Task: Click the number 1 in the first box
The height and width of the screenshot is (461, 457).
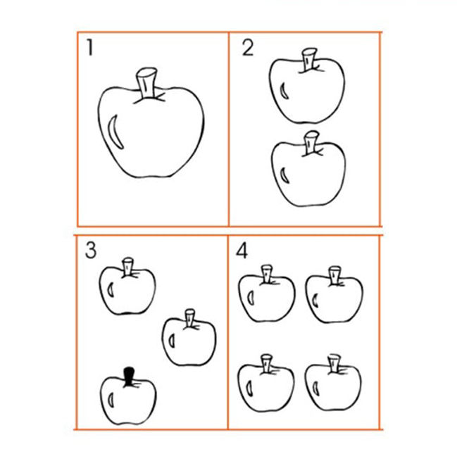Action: pyautogui.click(x=90, y=48)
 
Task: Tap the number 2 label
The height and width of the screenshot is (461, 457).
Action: pyautogui.click(x=248, y=48)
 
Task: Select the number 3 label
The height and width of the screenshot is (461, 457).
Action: pyautogui.click(x=91, y=251)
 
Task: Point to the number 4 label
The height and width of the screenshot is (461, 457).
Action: pyautogui.click(x=242, y=251)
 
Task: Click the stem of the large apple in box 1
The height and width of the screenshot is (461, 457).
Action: pyautogui.click(x=146, y=83)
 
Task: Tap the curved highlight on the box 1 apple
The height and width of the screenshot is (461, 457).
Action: pyautogui.click(x=115, y=132)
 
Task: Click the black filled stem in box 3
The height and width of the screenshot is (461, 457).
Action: pyautogui.click(x=129, y=377)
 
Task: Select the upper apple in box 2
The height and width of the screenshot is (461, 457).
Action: pyautogui.click(x=307, y=86)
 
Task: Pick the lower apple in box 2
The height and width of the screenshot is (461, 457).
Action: pyautogui.click(x=308, y=169)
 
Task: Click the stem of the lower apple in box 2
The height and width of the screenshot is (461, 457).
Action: pyautogui.click(x=311, y=143)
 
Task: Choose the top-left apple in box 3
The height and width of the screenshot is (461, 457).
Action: pyautogui.click(x=127, y=286)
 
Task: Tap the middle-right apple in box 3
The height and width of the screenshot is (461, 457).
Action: pyautogui.click(x=189, y=338)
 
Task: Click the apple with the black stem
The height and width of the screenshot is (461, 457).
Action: pyautogui.click(x=129, y=396)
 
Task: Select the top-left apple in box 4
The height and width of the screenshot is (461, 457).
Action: pyautogui.click(x=266, y=293)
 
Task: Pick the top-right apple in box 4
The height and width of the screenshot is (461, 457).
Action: pyautogui.click(x=334, y=295)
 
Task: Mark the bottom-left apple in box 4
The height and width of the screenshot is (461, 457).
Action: pyautogui.click(x=266, y=383)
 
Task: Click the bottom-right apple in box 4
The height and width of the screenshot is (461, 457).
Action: pyautogui.click(x=333, y=382)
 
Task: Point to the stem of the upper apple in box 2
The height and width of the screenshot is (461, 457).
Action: pyautogui.click(x=310, y=60)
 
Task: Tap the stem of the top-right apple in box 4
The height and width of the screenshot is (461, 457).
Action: pyautogui.click(x=334, y=275)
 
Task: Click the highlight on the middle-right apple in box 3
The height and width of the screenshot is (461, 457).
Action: pyautogui.click(x=172, y=341)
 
